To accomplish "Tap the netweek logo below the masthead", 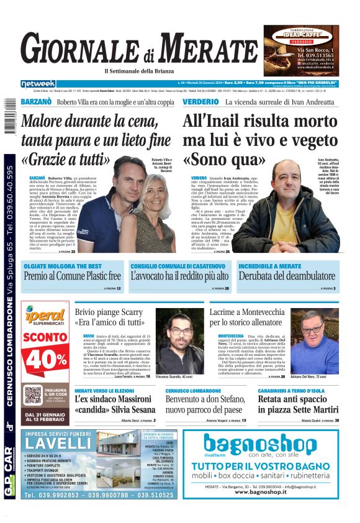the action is [x=38, y=83].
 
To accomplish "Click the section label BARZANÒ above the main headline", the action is [x=36, y=102].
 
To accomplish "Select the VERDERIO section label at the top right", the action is [x=200, y=102].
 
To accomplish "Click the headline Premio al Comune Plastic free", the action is [x=72, y=276].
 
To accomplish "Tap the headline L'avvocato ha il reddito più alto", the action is [x=179, y=276].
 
